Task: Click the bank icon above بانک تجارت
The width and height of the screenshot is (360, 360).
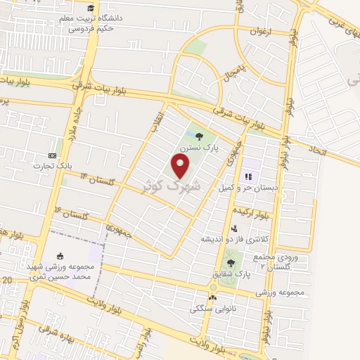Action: click(x=51, y=155)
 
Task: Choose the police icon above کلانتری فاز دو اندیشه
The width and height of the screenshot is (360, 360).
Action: click(x=234, y=228)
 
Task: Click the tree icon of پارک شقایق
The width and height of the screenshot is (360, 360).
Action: click(x=231, y=263)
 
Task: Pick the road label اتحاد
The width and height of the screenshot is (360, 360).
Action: click(x=317, y=149)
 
